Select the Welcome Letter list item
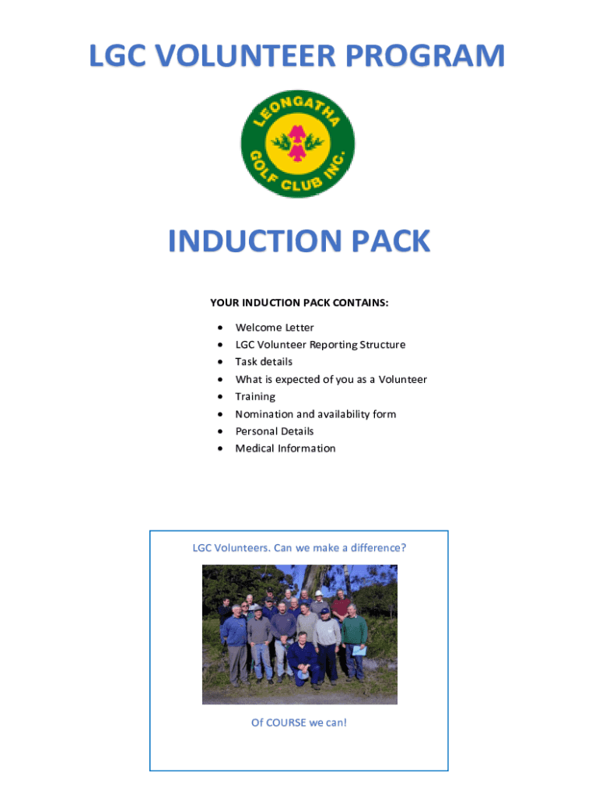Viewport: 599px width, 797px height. (x=275, y=328)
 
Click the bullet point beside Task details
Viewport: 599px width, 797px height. (x=222, y=362)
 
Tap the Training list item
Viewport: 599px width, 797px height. (x=255, y=397)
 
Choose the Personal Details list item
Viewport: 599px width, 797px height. (x=275, y=431)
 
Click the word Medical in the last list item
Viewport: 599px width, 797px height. (x=255, y=448)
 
